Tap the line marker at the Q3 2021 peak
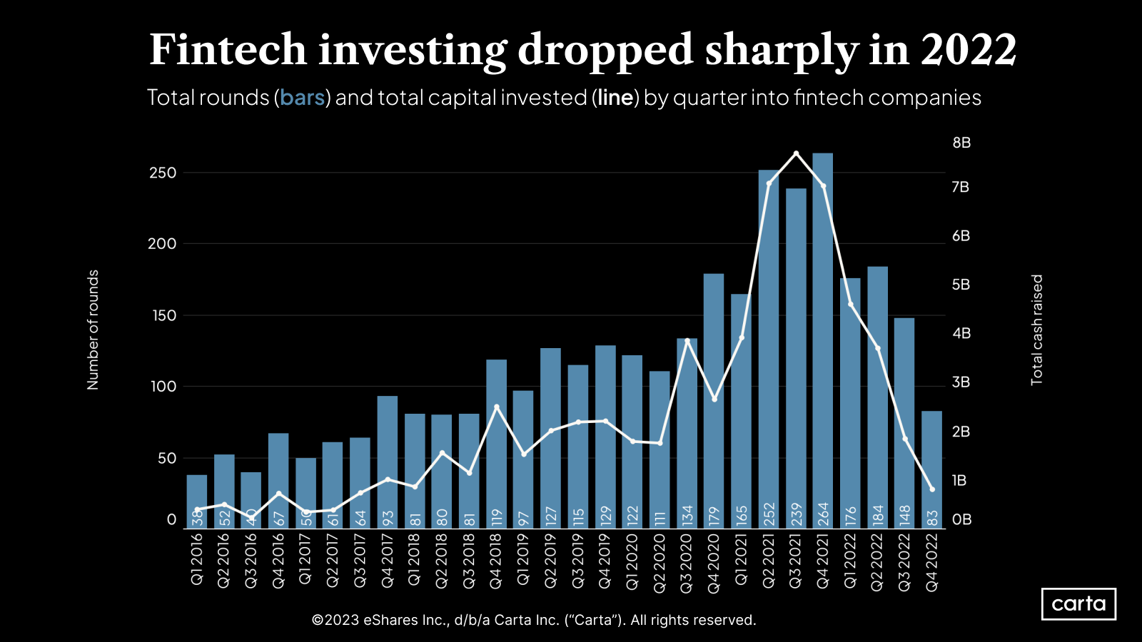click(796, 153)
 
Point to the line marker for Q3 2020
click(687, 340)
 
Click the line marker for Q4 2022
click(931, 489)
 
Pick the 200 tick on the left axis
click(162, 244)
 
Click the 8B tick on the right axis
click(961, 143)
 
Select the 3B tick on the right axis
click(961, 382)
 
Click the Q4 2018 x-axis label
click(496, 561)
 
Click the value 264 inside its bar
click(823, 514)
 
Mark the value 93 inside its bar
click(388, 517)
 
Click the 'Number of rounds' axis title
click(93, 330)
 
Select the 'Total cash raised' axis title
click(1037, 330)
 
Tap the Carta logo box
click(1078, 604)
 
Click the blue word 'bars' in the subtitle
click(302, 98)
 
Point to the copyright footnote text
click(534, 620)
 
